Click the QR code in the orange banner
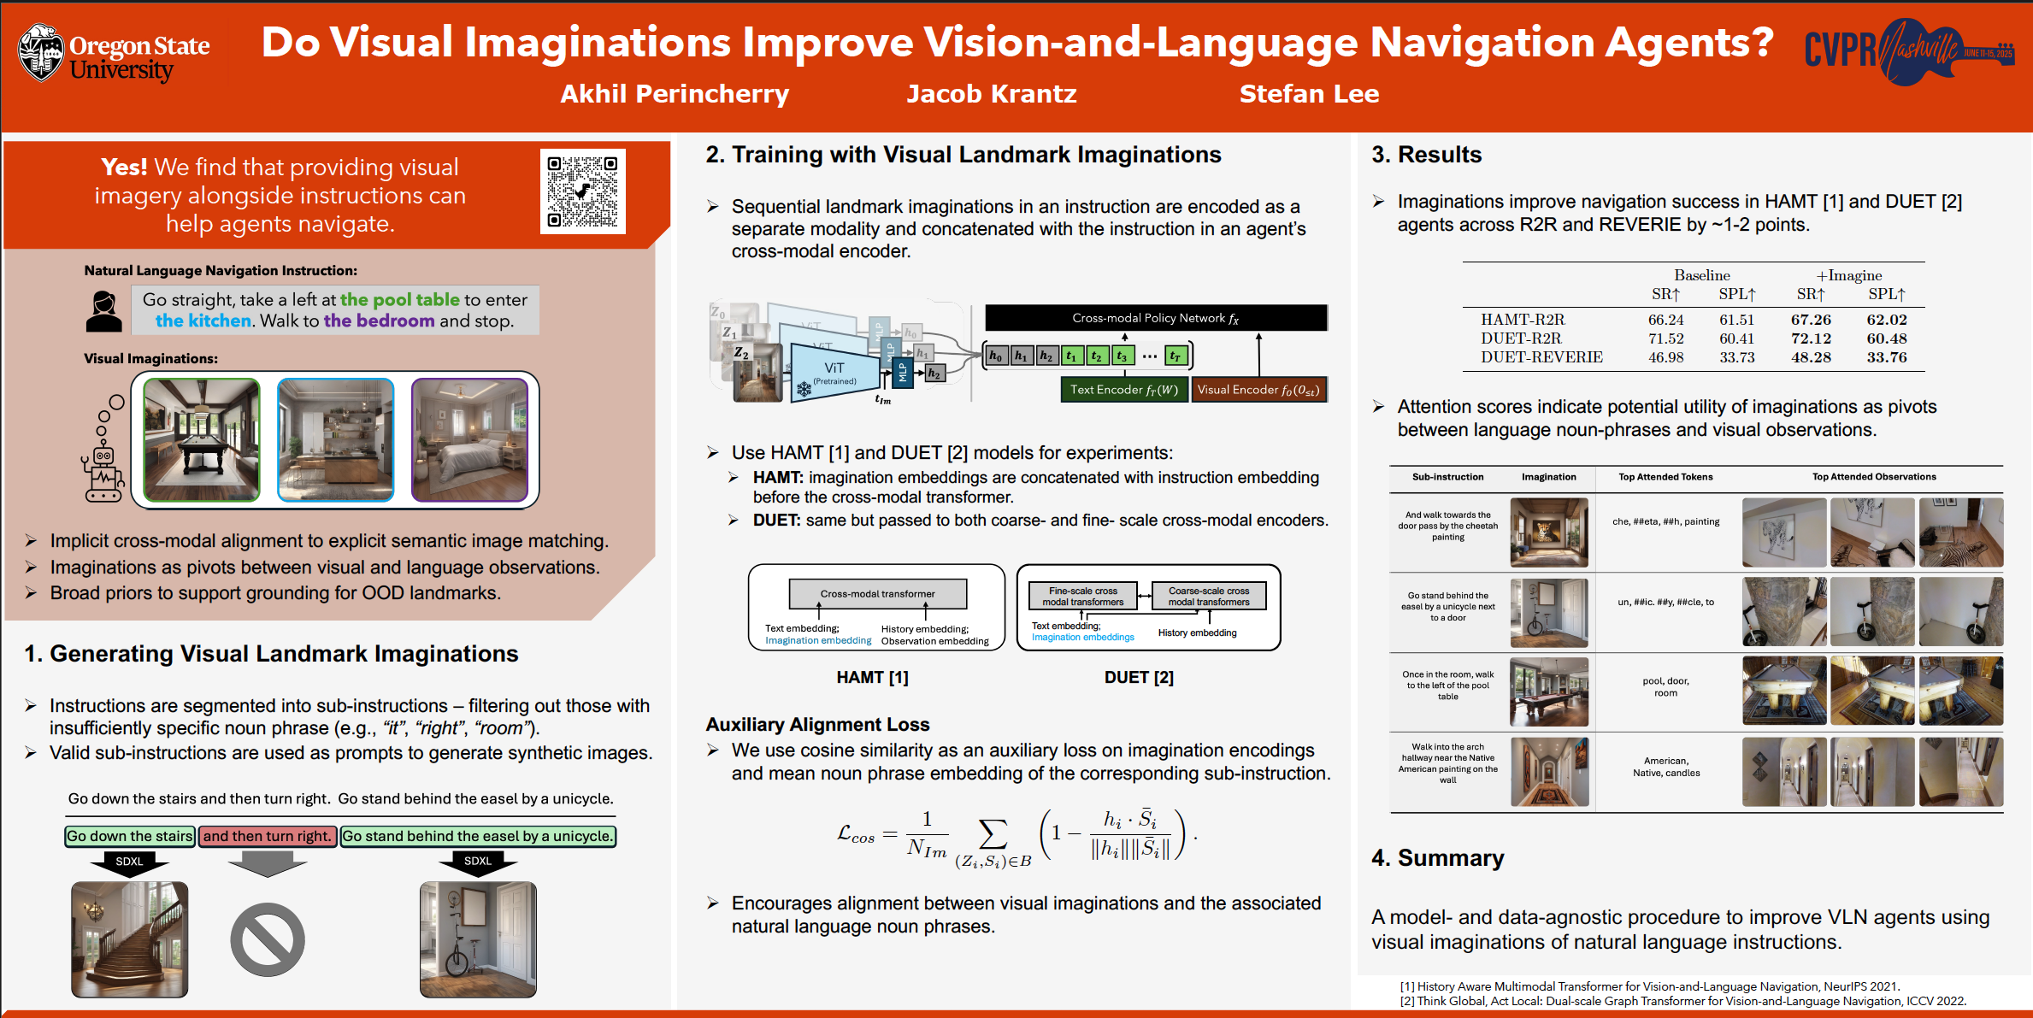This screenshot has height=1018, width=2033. click(583, 191)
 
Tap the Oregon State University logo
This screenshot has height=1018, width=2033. click(114, 54)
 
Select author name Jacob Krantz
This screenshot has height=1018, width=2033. click(992, 94)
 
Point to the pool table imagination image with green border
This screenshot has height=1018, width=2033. click(202, 439)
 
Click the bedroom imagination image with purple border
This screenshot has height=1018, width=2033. click(470, 439)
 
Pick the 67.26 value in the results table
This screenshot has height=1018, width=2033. click(1811, 320)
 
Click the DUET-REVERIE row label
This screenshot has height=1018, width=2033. click(1541, 357)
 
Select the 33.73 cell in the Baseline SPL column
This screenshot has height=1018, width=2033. click(1737, 357)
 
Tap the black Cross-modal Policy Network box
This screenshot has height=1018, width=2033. click(1156, 318)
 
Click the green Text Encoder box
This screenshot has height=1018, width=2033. click(1124, 390)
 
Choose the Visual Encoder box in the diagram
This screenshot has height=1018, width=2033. click(1258, 390)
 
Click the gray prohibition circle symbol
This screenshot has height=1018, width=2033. click(268, 939)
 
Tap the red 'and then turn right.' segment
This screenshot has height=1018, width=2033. click(267, 836)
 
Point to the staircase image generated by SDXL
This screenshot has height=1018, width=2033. click(130, 939)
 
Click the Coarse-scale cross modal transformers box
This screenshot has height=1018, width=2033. click(1209, 596)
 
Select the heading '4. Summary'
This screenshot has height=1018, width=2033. click(1438, 858)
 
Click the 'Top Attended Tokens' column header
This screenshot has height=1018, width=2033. click(1665, 477)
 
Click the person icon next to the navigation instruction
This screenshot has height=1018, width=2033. click(103, 311)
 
